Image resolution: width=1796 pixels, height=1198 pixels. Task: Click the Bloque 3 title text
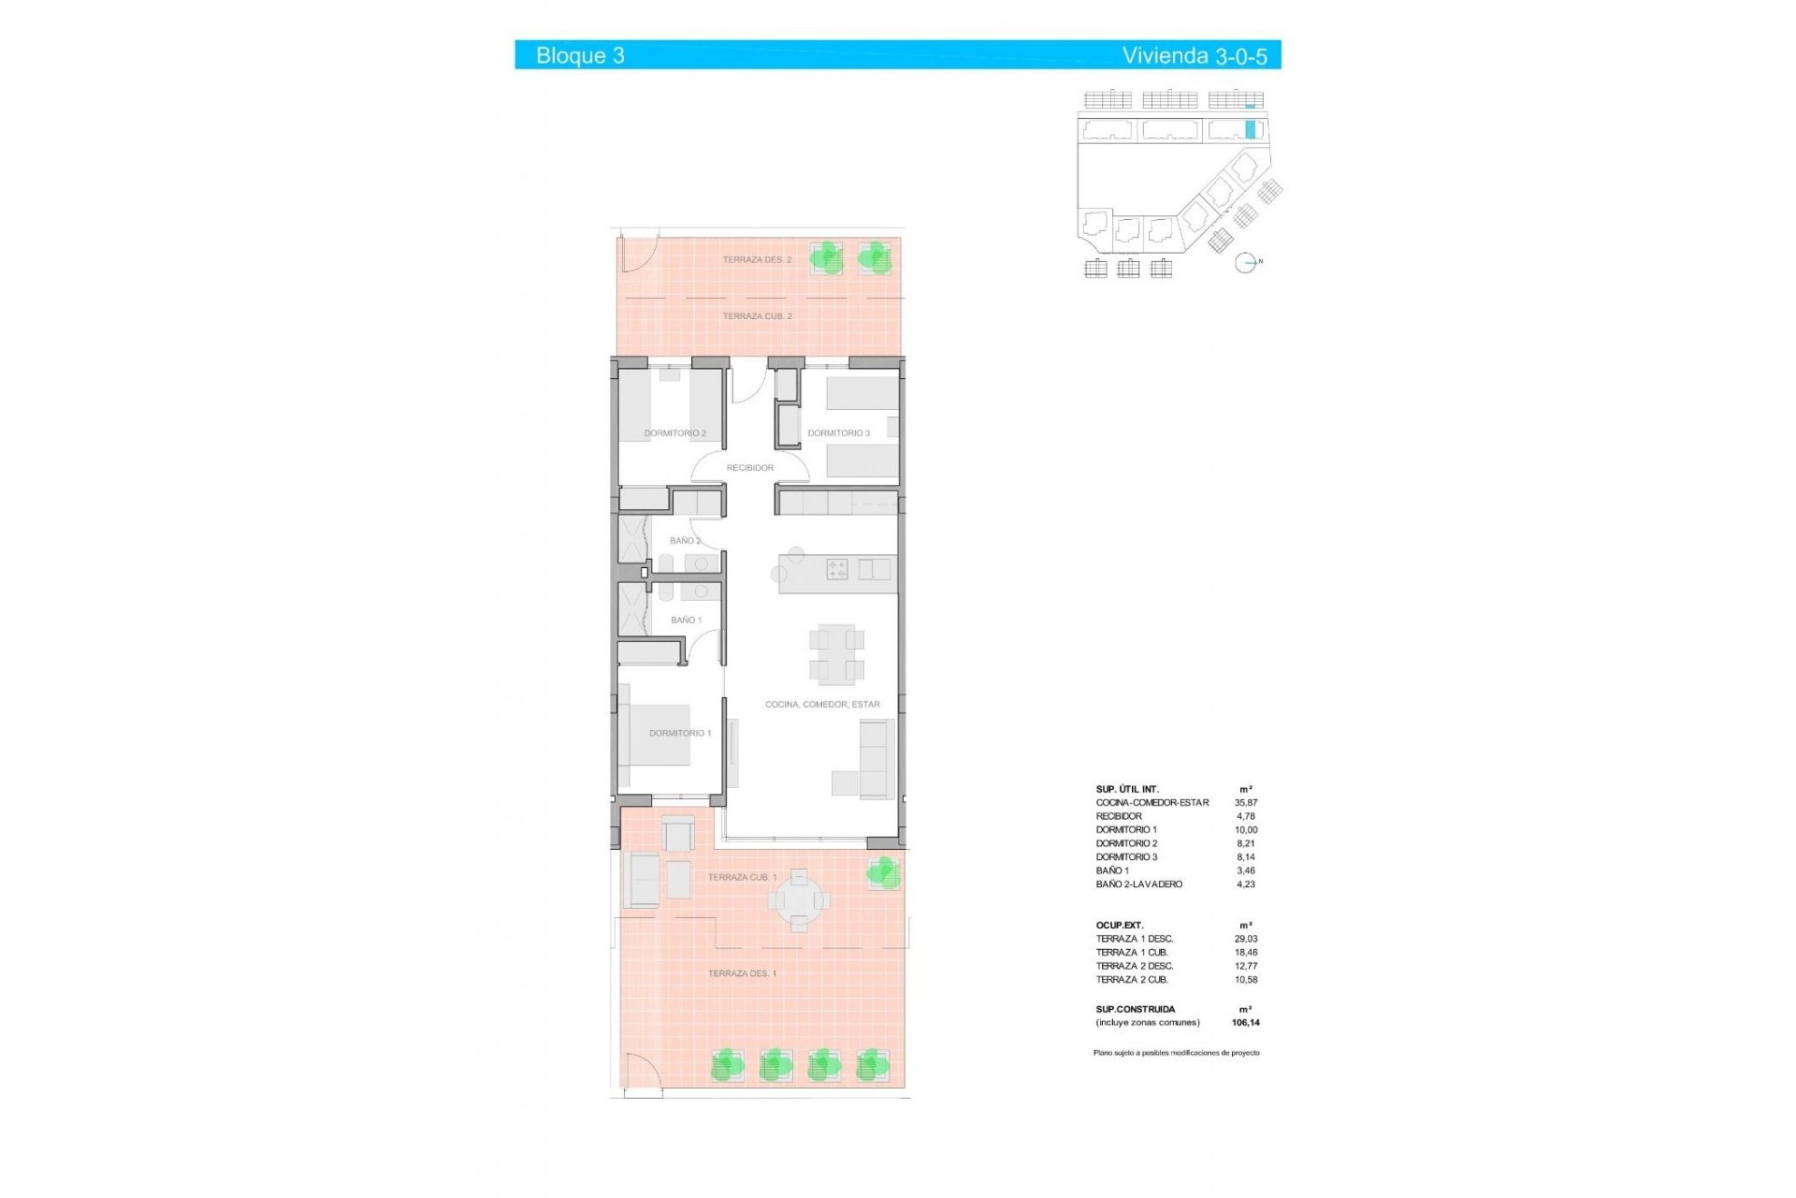pos(580,55)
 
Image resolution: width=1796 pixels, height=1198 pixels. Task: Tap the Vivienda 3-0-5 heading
pos(1195,56)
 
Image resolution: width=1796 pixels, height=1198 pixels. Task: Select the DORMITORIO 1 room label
pos(680,733)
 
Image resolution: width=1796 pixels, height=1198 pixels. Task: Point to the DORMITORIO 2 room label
pos(674,433)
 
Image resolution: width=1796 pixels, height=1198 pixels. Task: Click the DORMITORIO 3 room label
pos(838,433)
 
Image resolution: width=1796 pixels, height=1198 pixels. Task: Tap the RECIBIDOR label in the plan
pos(749,468)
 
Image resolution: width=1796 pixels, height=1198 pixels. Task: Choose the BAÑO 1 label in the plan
pos(686,620)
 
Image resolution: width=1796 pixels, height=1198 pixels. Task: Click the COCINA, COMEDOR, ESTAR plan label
pos(822,704)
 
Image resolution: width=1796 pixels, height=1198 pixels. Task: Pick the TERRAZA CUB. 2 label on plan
pos(757,316)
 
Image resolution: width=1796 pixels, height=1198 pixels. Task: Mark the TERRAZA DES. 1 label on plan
pos(742,973)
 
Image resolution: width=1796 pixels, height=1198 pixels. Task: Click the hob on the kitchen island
pos(836,569)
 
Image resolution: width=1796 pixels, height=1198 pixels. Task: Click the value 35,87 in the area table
pos(1246,802)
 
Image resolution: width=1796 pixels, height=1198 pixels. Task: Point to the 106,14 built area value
pos(1246,1023)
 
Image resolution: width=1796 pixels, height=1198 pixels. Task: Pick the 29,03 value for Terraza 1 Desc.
pos(1246,939)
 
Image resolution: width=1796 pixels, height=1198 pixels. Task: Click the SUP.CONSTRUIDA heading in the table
pos(1136,1009)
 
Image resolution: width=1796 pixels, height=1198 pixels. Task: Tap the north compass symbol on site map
pos(1246,263)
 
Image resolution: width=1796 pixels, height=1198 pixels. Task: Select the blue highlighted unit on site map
pos(1251,130)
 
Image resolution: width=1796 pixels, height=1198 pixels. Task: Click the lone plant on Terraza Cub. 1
pos(882,873)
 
